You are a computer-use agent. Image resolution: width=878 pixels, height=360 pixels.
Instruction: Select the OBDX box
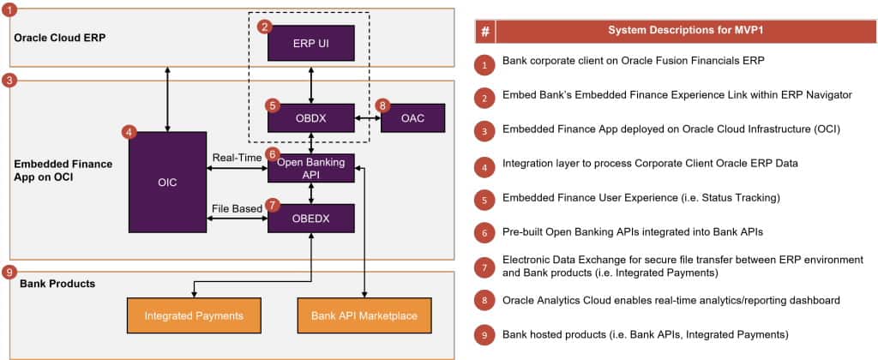click(x=310, y=117)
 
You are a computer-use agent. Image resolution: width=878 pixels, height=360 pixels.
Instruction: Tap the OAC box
click(x=412, y=117)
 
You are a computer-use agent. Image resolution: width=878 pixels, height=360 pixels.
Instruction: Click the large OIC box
click(x=167, y=182)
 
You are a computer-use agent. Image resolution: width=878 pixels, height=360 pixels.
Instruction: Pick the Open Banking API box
click(x=310, y=168)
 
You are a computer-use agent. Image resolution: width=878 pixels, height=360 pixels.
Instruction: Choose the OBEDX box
click(x=310, y=219)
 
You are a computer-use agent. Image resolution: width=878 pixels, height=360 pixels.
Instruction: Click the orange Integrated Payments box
click(x=195, y=315)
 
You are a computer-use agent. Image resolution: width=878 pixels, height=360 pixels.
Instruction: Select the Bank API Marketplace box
click(x=364, y=315)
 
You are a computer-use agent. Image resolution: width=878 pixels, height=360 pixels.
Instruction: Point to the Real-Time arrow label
click(x=237, y=158)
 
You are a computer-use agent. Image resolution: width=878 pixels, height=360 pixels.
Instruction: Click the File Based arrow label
click(x=237, y=208)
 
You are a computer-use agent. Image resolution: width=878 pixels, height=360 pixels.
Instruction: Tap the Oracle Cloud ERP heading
click(x=61, y=39)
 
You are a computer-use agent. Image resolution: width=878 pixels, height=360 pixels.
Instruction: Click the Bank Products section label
click(x=57, y=284)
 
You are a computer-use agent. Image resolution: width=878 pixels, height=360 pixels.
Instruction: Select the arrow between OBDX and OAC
click(x=367, y=118)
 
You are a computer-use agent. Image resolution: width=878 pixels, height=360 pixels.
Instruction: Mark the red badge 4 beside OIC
click(x=129, y=133)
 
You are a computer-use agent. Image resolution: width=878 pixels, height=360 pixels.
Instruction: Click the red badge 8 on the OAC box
click(x=382, y=105)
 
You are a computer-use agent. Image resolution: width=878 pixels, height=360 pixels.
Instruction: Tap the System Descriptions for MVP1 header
click(x=686, y=32)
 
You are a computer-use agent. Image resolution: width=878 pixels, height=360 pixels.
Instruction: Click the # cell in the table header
click(x=485, y=32)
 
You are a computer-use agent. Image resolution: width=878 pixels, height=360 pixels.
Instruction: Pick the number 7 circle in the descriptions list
click(x=484, y=267)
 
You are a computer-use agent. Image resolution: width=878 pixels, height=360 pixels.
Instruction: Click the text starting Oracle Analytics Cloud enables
click(x=671, y=301)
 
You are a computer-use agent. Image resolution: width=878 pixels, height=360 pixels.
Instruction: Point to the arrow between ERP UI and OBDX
click(x=310, y=82)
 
